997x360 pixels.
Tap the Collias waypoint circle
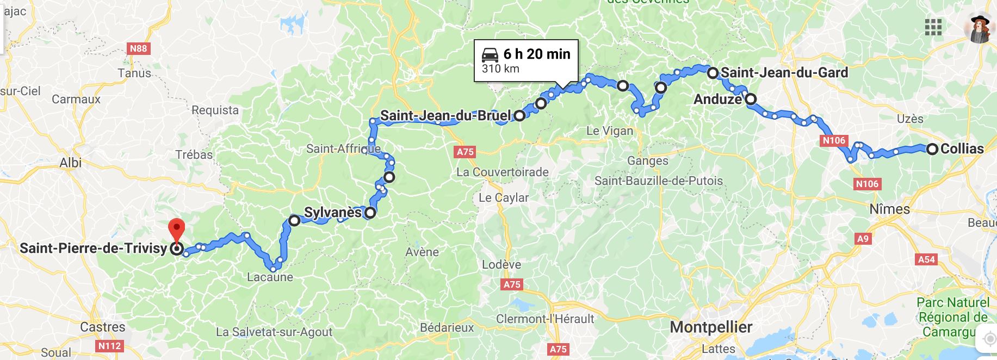click(932, 149)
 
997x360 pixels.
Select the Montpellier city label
click(711, 327)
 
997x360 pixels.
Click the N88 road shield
click(138, 49)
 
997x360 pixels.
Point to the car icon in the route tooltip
click(490, 54)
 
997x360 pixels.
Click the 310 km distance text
click(500, 69)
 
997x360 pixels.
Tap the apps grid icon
click(933, 27)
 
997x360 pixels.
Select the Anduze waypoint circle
click(751, 99)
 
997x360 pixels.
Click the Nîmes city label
click(889, 209)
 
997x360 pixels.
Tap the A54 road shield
click(926, 259)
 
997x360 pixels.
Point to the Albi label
click(70, 163)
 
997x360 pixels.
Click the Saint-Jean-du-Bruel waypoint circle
click(519, 115)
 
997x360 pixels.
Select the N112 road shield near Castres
click(110, 345)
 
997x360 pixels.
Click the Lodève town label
click(501, 265)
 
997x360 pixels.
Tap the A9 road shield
click(863, 238)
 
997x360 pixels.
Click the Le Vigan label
click(609, 131)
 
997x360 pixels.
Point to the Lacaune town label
click(270, 277)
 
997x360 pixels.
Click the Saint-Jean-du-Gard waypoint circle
click(712, 72)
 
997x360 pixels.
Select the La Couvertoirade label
click(502, 172)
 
